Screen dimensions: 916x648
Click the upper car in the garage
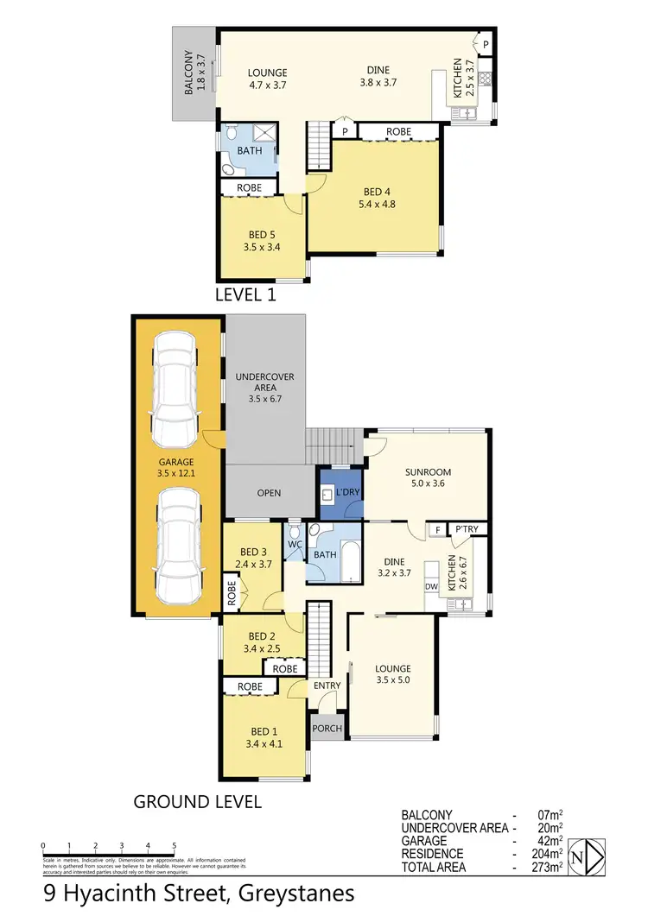(x=177, y=376)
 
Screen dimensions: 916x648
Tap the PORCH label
(x=327, y=729)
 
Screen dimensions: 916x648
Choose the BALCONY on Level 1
(x=194, y=73)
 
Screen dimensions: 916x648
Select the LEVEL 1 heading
(x=251, y=295)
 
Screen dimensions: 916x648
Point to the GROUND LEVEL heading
(x=197, y=802)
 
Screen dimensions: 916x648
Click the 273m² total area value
(x=550, y=867)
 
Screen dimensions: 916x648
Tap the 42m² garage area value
(x=550, y=840)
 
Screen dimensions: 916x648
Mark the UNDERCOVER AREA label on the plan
(x=265, y=389)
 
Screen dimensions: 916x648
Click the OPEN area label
(x=269, y=493)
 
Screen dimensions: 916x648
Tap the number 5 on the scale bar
(x=175, y=846)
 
